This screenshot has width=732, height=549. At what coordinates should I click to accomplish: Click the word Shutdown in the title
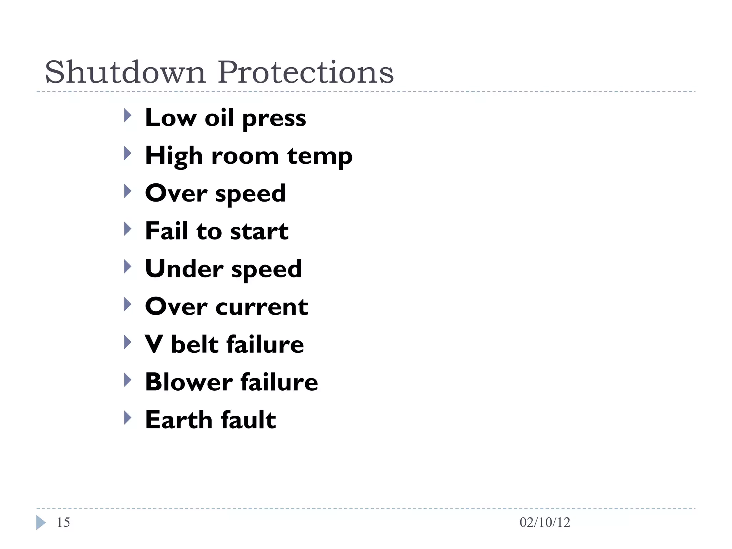point(125,73)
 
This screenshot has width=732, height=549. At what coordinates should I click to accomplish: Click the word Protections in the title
point(306,73)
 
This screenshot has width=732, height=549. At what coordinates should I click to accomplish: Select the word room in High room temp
point(245,156)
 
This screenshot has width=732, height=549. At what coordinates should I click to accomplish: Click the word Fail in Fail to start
point(167,231)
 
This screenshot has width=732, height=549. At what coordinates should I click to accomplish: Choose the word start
point(259,232)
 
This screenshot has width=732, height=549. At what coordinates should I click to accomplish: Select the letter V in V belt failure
point(154,345)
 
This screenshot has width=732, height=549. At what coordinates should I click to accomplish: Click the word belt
point(194,345)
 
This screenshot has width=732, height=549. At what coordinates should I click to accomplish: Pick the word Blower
point(189,382)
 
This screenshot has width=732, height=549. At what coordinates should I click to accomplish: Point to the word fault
point(248,420)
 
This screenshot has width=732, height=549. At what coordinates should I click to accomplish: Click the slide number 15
point(63,523)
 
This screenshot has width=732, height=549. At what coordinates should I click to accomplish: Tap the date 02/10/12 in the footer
point(545,523)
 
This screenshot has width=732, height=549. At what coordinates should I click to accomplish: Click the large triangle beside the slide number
point(41,523)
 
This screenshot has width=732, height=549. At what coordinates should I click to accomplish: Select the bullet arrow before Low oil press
point(128,115)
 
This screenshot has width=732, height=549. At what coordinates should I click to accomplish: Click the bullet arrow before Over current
point(128,305)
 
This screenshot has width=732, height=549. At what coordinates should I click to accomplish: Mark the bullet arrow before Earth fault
point(128,417)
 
